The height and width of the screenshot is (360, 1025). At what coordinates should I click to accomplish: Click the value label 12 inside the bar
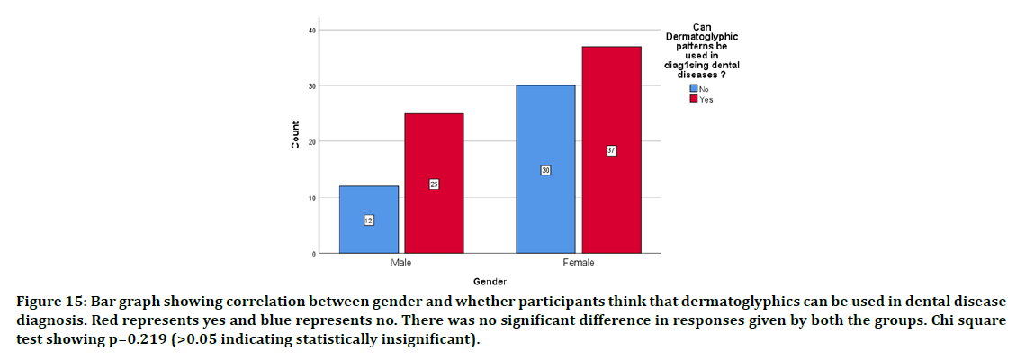tap(369, 220)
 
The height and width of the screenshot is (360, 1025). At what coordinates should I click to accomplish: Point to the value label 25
tap(434, 184)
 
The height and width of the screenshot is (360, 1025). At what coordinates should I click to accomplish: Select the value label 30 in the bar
tap(545, 170)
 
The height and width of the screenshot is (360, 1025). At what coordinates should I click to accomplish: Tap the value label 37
tap(611, 150)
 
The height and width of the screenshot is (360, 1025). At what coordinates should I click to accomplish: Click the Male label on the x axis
tap(401, 262)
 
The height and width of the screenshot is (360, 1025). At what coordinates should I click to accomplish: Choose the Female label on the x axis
tap(578, 262)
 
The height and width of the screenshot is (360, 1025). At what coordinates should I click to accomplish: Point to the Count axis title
tap(295, 141)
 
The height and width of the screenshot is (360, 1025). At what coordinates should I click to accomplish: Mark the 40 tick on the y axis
tap(312, 31)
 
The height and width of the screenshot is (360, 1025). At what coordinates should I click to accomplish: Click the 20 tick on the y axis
tap(312, 142)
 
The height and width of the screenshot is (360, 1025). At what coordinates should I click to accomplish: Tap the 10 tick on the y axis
tap(312, 198)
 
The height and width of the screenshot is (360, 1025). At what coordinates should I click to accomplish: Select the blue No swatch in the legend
tap(694, 89)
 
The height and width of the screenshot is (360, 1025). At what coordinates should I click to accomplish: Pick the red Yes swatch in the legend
tap(694, 99)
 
